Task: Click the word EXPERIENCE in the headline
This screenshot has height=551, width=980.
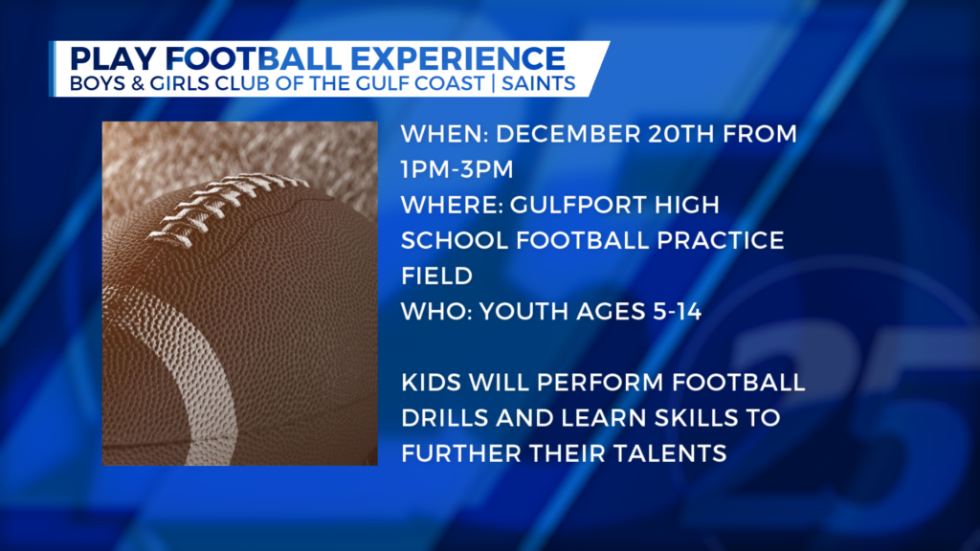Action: [457, 58]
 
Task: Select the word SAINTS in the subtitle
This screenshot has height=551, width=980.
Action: [538, 84]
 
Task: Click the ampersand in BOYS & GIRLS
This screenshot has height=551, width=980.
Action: [137, 84]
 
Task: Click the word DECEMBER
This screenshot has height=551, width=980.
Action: [568, 134]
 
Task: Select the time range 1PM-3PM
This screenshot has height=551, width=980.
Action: [457, 169]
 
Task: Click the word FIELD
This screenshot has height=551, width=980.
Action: [436, 276]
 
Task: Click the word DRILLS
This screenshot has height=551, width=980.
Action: [444, 418]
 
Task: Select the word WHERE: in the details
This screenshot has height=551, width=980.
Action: [453, 205]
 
